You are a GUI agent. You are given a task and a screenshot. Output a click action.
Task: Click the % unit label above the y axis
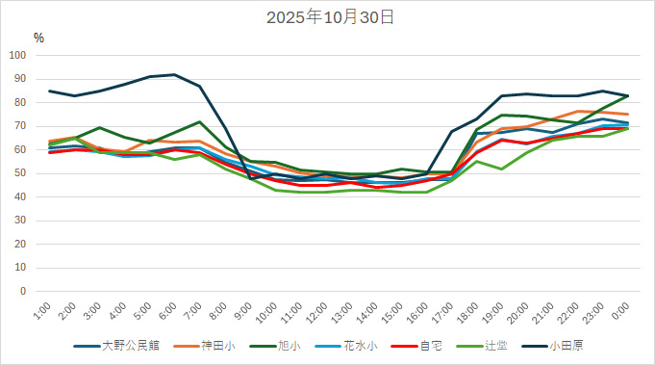coord(38,38)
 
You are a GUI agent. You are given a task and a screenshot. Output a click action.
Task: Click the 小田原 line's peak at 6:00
coord(174,74)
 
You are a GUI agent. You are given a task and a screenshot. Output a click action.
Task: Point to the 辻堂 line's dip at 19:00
coord(502,169)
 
